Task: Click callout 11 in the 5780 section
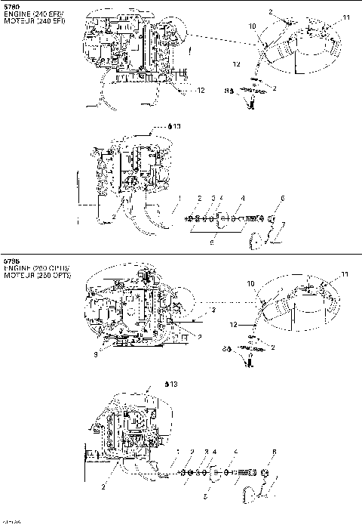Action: click(x=346, y=17)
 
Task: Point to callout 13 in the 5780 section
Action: click(x=177, y=127)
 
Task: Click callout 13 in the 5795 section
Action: click(x=174, y=384)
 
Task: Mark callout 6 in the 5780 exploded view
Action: click(x=283, y=198)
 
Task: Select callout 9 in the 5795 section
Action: click(x=94, y=354)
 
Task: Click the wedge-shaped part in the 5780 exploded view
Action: click(x=253, y=240)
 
